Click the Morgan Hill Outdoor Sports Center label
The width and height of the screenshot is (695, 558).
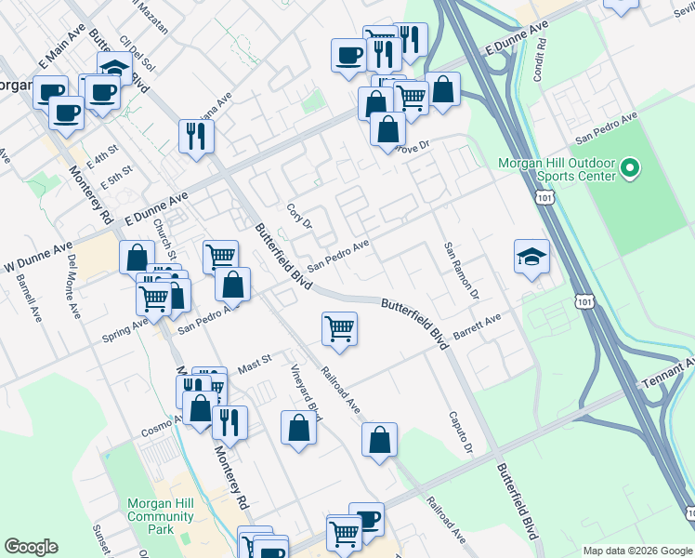coord(557,167)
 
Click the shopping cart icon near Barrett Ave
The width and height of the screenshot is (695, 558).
coord(340,328)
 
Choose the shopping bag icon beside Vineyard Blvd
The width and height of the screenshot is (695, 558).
coord(298,429)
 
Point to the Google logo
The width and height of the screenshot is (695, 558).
coord(31,547)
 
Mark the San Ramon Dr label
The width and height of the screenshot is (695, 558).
coord(460,270)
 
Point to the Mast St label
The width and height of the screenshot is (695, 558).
coord(253,359)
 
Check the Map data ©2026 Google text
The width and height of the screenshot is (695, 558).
coord(636,550)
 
